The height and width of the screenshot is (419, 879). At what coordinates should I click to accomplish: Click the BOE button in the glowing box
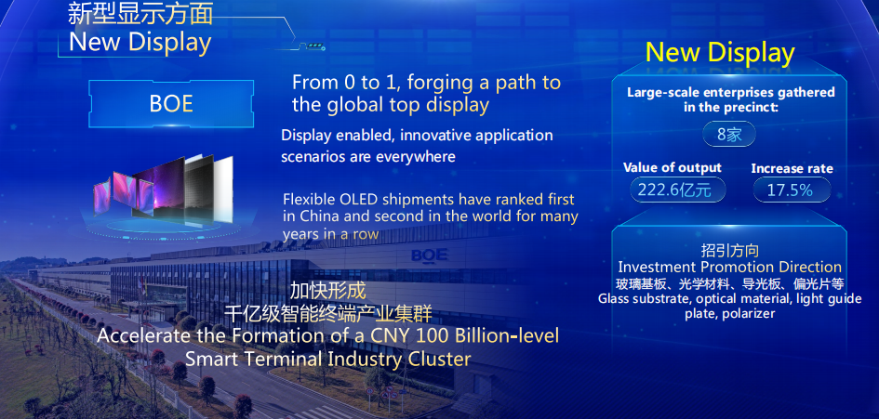click(x=171, y=104)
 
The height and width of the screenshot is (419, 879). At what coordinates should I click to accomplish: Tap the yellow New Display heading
click(x=720, y=53)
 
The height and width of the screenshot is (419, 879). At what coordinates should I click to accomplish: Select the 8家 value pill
click(x=729, y=135)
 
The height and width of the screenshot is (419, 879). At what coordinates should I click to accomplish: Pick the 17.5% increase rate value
click(x=790, y=190)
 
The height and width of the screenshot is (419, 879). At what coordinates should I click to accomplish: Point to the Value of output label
click(x=673, y=167)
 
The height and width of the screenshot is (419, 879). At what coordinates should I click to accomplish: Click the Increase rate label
click(x=792, y=168)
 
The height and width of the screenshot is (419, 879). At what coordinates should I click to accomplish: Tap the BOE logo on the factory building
click(x=430, y=255)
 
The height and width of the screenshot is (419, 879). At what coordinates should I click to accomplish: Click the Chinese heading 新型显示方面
click(x=140, y=13)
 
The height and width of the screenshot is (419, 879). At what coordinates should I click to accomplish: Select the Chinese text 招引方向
click(x=729, y=250)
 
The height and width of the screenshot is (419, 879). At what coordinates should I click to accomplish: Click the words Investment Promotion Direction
click(x=729, y=267)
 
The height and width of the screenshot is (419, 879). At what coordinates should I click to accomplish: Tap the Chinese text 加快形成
click(x=328, y=291)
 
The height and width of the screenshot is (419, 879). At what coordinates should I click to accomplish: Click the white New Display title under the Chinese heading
click(x=140, y=43)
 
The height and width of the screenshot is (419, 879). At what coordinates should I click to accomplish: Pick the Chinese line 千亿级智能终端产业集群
click(x=328, y=314)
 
